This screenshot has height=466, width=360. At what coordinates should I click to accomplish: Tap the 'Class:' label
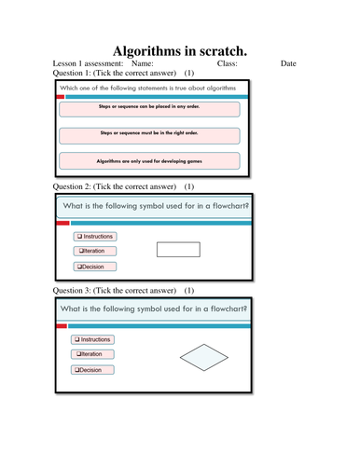tap(227, 63)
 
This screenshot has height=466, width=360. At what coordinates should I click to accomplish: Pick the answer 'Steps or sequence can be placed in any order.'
tap(149, 108)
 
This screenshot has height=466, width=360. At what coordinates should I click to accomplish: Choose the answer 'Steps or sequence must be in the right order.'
tap(149, 134)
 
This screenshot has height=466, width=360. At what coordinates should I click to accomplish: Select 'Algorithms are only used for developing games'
tap(149, 160)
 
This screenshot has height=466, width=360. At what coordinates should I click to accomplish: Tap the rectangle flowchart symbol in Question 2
tap(177, 250)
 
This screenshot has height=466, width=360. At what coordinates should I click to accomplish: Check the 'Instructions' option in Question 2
tap(97, 237)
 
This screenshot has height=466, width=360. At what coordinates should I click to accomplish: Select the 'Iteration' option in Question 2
tap(97, 252)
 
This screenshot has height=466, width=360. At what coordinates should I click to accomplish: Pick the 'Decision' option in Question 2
tap(97, 267)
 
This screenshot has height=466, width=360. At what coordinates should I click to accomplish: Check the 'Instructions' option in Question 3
tap(93, 340)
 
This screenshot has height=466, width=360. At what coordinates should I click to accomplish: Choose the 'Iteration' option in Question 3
tap(93, 355)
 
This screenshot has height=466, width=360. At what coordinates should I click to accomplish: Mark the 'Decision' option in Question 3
tap(93, 370)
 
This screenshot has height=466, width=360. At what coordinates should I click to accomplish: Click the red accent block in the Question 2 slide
tap(62, 224)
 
